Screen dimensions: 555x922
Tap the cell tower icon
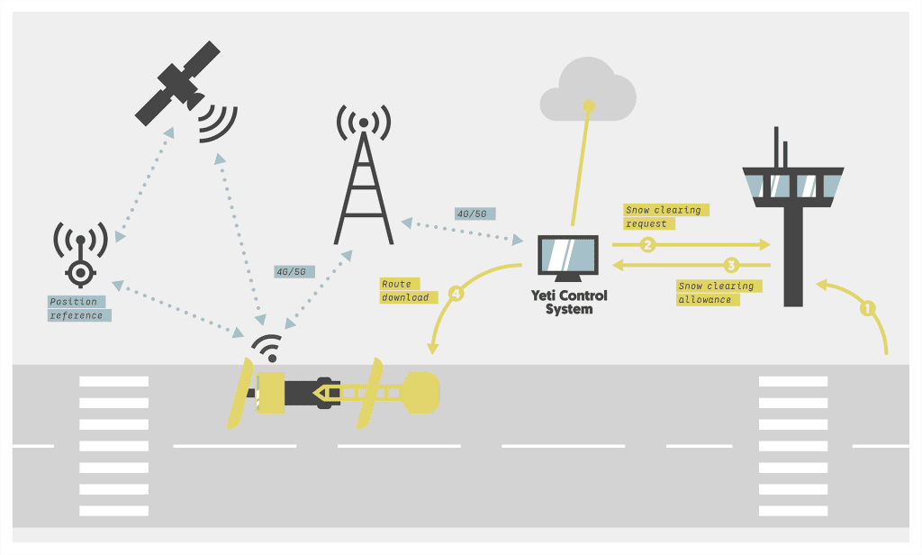tap(364, 180)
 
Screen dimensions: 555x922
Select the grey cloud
tap(587, 90)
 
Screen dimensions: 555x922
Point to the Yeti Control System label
tap(569, 302)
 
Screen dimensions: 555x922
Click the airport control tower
tap(792, 216)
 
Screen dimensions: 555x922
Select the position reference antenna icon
tap(81, 257)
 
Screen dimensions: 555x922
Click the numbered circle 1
tap(868, 307)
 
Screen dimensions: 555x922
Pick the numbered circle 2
tap(646, 244)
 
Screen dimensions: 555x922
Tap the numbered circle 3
tap(732, 265)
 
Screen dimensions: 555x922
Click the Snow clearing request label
tap(664, 216)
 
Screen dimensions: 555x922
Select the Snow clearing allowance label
tap(717, 292)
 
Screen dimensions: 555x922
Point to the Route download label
tap(408, 290)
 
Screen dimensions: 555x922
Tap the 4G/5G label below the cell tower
tap(294, 270)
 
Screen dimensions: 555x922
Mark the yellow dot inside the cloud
tap(590, 106)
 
